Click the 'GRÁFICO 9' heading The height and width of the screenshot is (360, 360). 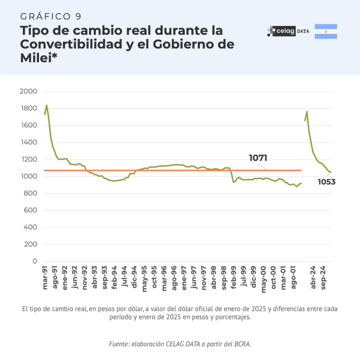pos(51,16)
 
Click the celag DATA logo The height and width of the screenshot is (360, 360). pos(288,31)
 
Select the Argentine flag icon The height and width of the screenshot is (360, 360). pos(326,31)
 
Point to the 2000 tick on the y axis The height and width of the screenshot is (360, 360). pos(28,91)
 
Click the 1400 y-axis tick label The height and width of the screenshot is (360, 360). pos(28,142)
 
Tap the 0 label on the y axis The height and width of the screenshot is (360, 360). pos(35,261)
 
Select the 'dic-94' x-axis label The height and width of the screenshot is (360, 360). pos(135,277)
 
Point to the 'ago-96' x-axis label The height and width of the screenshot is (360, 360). pos(174,277)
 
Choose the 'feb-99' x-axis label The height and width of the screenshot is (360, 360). pos(234,277)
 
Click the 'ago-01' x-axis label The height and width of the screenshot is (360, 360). pos(293,277)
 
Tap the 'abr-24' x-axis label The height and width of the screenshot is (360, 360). pos(313,277)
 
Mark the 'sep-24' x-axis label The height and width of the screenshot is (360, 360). pos(323,277)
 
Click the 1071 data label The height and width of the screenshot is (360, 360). pos(258,158)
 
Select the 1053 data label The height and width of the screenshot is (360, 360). pos(327,182)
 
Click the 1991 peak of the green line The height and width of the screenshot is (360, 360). pos(46,105)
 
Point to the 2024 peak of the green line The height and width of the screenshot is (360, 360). pos(307,111)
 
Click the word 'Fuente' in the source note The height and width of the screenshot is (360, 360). pos(119,344)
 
